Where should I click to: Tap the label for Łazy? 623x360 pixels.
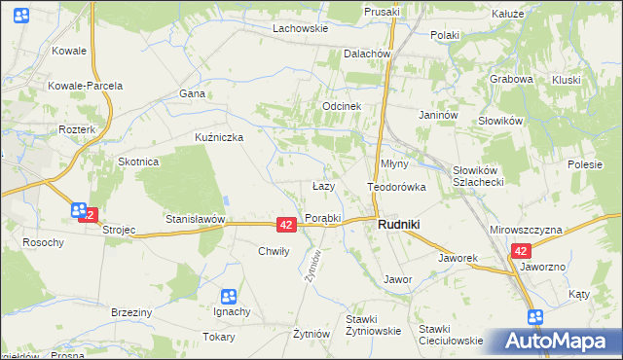[323, 186]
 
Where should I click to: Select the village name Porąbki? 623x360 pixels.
[322, 218]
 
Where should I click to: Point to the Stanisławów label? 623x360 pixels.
[195, 220]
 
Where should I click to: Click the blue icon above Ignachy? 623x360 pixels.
[228, 296]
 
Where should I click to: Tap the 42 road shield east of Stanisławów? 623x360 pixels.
[285, 224]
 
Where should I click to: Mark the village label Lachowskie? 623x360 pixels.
[300, 29]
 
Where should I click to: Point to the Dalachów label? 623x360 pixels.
[367, 54]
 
